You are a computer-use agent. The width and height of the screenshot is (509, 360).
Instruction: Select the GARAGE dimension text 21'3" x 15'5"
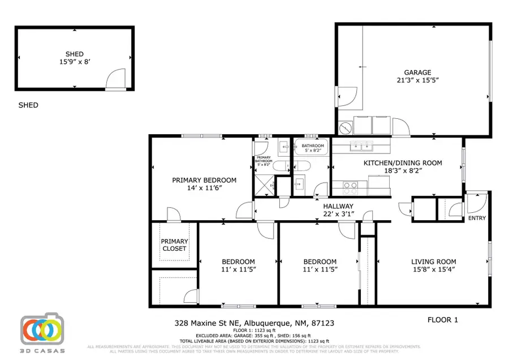417,80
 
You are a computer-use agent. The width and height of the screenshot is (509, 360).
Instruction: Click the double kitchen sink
361,147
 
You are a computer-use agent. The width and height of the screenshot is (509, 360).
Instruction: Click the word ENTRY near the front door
477,218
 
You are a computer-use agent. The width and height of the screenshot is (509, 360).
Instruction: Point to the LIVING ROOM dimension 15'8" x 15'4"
433,269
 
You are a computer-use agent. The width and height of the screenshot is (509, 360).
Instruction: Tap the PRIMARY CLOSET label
174,245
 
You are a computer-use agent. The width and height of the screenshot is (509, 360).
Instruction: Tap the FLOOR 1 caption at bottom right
442,320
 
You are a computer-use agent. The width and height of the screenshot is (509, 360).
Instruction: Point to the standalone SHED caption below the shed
28,105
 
